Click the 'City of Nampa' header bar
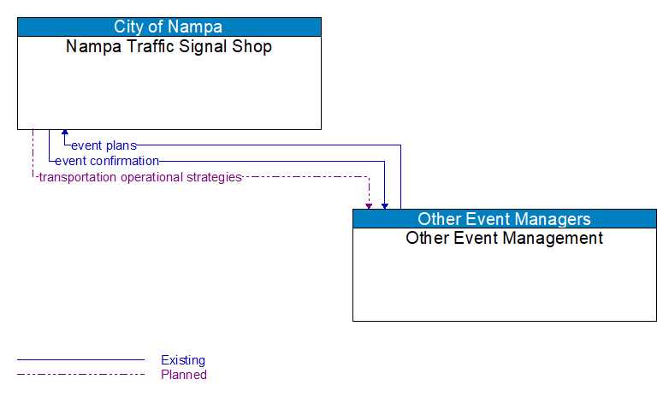[169, 27]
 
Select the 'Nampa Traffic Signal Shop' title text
[169, 47]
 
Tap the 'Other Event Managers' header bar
[504, 218]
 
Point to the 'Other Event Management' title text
[504, 239]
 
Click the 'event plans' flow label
[104, 145]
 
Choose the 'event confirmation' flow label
[107, 161]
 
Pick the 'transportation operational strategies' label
[140, 177]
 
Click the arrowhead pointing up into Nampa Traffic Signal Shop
[64, 133]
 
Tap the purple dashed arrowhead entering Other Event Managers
[369, 205]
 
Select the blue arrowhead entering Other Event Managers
[385, 205]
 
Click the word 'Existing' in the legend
[183, 360]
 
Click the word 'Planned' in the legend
[184, 375]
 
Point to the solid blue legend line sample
[80, 360]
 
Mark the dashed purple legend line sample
[80, 375]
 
